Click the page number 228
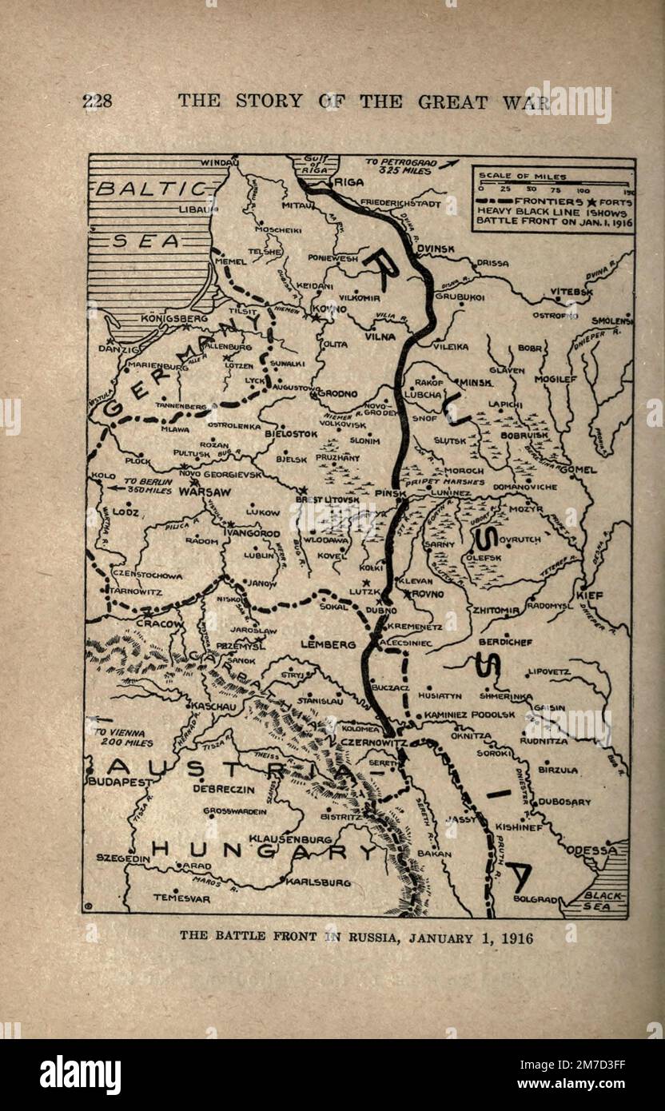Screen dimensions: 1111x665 [x=97, y=101]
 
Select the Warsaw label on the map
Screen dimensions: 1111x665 [x=205, y=492]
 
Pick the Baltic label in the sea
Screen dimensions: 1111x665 [x=151, y=189]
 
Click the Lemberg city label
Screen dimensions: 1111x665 [x=328, y=643]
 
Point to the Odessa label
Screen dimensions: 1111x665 [x=592, y=850]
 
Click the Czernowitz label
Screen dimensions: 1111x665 [x=374, y=743]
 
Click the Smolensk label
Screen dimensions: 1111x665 [x=611, y=321]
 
